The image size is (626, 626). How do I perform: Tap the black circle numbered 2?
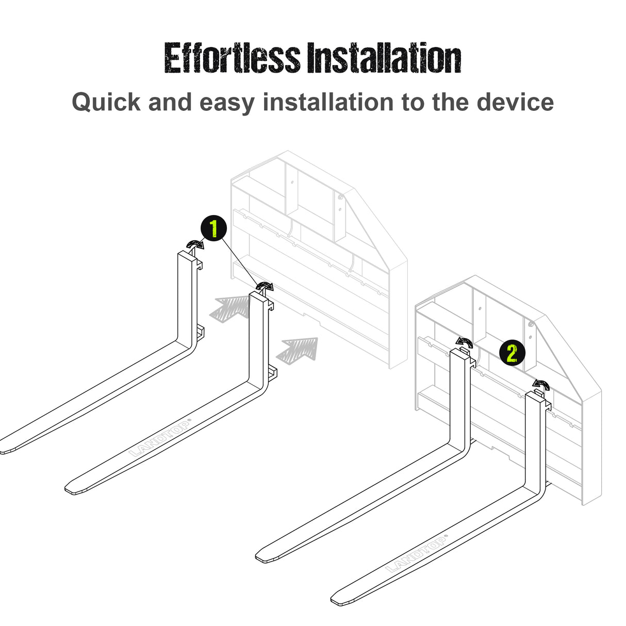(x=512, y=354)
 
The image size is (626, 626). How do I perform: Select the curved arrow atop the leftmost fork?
(x=195, y=244)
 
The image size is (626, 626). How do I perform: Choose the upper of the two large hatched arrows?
(x=230, y=309)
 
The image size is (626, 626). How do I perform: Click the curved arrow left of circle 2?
(x=464, y=341)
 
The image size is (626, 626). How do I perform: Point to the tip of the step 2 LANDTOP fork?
(x=338, y=600)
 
